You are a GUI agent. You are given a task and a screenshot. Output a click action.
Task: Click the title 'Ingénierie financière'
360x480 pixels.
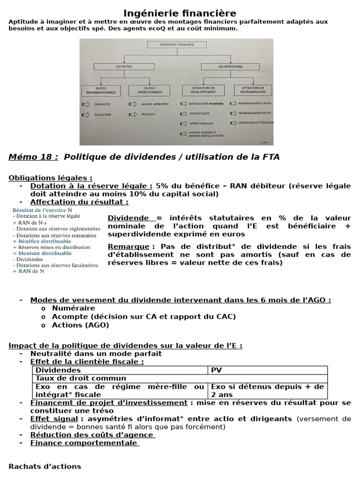click(x=180, y=13)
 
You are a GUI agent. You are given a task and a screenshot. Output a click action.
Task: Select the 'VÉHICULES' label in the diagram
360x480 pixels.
click(x=148, y=113)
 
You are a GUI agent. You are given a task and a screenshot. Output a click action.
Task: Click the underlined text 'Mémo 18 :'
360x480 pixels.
click(x=33, y=157)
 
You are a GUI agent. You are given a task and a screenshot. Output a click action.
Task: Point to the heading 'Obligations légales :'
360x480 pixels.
click(x=51, y=178)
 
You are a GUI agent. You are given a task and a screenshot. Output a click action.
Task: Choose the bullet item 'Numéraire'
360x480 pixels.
click(x=74, y=308)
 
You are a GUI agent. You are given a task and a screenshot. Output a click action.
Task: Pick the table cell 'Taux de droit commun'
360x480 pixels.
click(x=81, y=378)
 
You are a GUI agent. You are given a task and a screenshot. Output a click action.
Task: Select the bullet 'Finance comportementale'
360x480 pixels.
click(x=84, y=442)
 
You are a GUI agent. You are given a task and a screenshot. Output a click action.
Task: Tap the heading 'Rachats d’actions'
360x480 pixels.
click(x=45, y=466)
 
